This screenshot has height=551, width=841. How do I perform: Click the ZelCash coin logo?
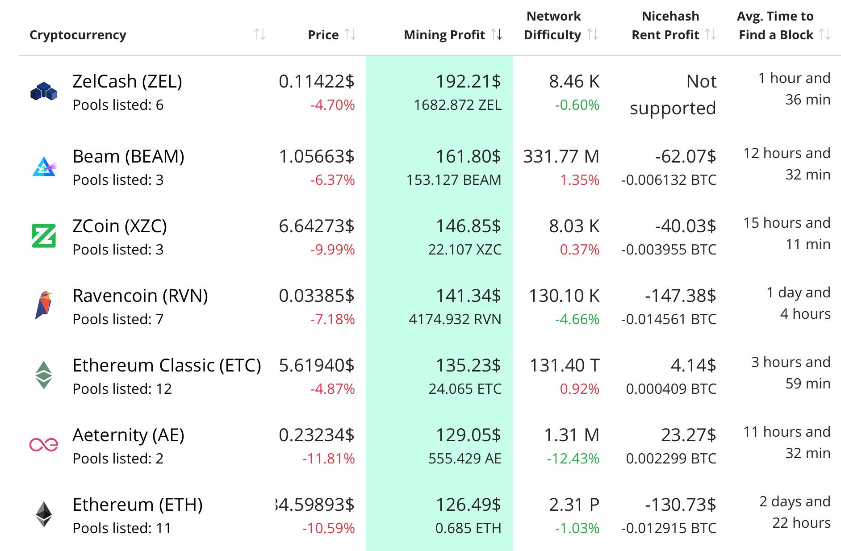click(44, 91)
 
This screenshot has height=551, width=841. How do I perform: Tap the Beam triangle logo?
click(44, 167)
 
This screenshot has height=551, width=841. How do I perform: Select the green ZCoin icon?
click(44, 236)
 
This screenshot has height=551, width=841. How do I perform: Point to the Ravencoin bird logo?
click(44, 305)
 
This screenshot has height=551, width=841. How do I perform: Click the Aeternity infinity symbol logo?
click(44, 444)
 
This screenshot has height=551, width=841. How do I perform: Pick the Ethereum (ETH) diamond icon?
click(44, 514)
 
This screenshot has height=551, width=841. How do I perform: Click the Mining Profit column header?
click(444, 35)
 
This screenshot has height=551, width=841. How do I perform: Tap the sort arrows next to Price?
click(351, 34)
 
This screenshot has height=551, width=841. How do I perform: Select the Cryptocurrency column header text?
click(78, 35)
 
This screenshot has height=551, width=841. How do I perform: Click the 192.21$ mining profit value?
click(468, 81)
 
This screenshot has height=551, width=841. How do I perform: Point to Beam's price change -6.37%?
click(332, 180)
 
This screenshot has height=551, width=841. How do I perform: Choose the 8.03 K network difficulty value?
click(574, 226)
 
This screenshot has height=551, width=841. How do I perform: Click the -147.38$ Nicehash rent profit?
click(680, 296)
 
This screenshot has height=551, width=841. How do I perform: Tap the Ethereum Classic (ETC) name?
click(167, 365)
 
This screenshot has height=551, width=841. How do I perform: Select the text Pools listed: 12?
click(122, 389)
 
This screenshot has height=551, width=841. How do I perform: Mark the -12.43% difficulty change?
click(573, 459)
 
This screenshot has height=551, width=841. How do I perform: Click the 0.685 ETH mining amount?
click(468, 528)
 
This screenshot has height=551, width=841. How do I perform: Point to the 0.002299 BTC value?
click(671, 459)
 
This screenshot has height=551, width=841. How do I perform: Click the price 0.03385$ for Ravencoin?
click(316, 296)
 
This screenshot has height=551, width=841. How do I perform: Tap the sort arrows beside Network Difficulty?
click(593, 34)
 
